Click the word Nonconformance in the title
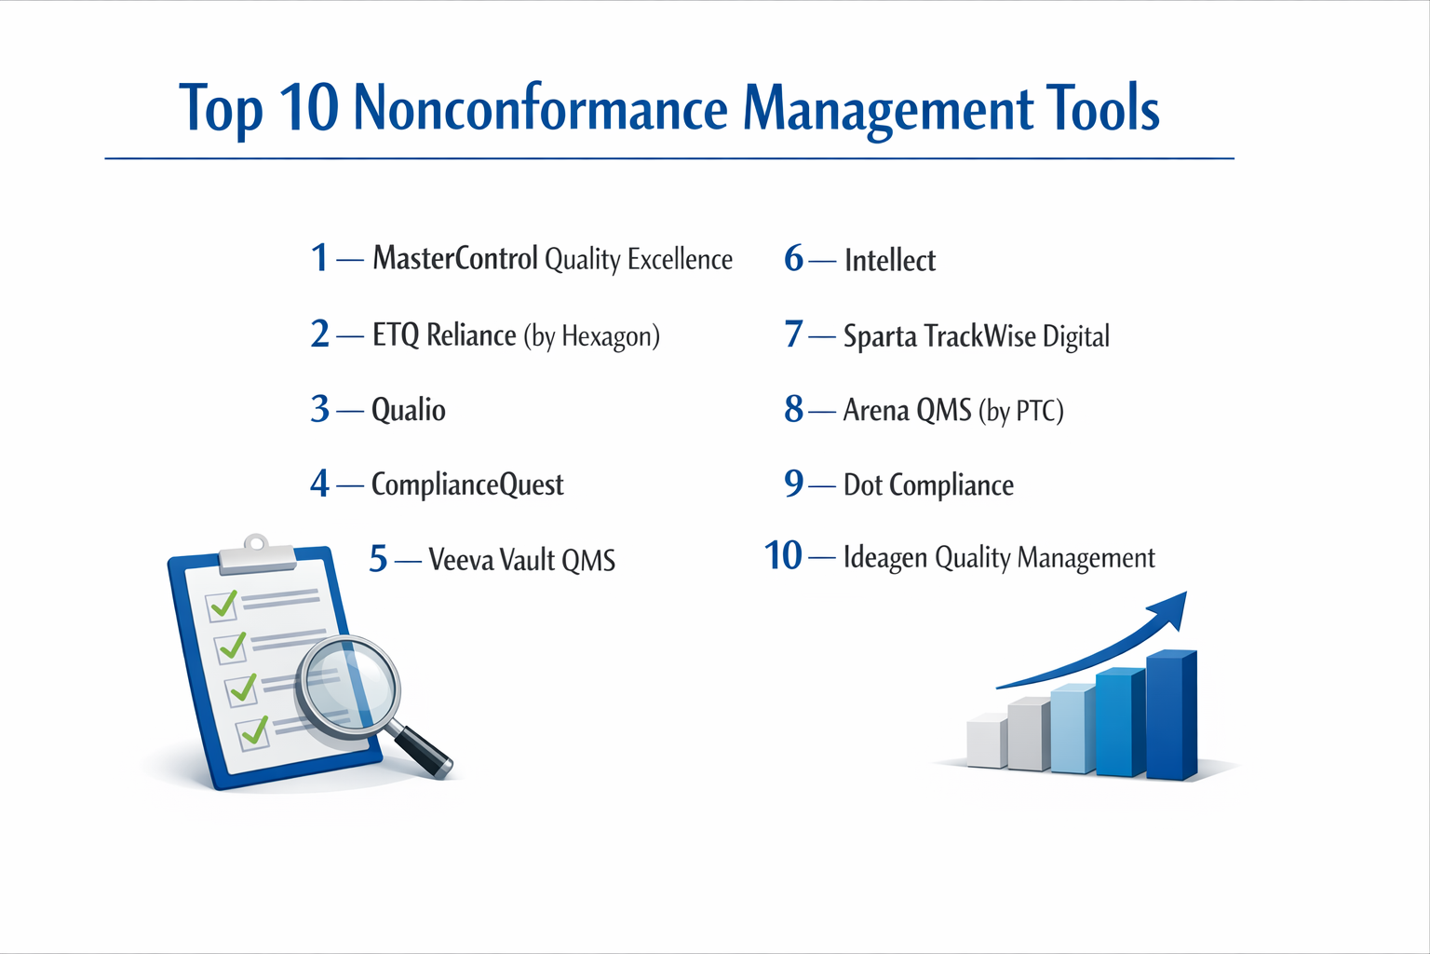tap(540, 108)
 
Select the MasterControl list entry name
tap(455, 258)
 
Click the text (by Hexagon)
tap(591, 335)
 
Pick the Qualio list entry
tap(408, 410)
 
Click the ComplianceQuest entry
tap(467, 484)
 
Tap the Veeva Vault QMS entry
tap(521, 560)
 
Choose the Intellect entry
tap(889, 260)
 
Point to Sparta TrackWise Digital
tap(976, 335)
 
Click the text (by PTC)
tap(1020, 410)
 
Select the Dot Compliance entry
tap(928, 484)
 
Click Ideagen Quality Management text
tap(998, 557)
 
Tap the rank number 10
tap(783, 556)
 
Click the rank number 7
tap(793, 334)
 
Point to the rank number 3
tap(320, 409)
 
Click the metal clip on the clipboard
tap(256, 555)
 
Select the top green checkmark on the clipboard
tap(223, 606)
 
